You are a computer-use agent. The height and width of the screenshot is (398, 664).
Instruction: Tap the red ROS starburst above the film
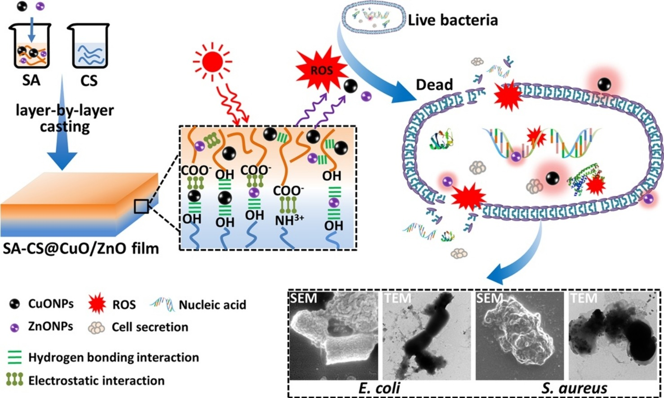point(322,70)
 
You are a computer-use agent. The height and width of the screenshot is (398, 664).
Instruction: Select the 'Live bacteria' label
point(453,20)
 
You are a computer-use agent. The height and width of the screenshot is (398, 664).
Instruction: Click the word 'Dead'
point(434,84)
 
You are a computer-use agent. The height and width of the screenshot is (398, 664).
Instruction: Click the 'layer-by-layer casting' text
point(65,118)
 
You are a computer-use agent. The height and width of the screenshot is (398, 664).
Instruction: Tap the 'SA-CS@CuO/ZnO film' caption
point(81,248)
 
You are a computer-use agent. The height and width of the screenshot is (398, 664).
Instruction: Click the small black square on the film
point(141,207)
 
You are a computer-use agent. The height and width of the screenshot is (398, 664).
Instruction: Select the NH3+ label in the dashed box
point(289,220)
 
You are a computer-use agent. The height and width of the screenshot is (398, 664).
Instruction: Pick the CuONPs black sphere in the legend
point(15,305)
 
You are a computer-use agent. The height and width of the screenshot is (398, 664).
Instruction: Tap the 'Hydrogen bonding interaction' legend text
point(113,358)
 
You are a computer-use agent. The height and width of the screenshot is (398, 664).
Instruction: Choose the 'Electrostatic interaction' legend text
point(96,381)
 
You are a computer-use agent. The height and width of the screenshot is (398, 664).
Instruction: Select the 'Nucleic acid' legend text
point(212,305)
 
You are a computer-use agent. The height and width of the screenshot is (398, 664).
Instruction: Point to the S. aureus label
point(574,388)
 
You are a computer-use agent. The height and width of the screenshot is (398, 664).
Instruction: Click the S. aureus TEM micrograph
point(612,336)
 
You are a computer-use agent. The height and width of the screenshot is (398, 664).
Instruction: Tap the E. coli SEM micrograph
point(334,336)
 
